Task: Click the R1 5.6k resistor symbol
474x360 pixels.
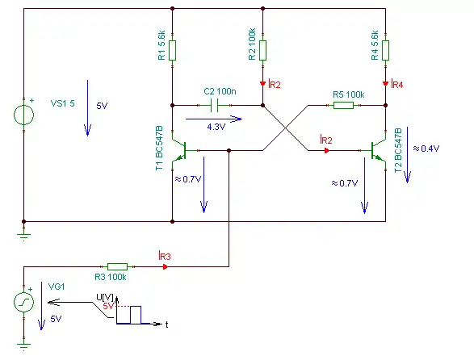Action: (x=172, y=50)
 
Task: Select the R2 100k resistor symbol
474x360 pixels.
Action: (x=262, y=50)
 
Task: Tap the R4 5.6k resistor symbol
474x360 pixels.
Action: (x=385, y=50)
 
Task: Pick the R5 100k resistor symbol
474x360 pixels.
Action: (x=343, y=105)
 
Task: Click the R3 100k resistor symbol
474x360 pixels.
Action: (x=117, y=266)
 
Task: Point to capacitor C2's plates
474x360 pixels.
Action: (x=214, y=106)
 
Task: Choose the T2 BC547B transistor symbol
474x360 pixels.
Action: (x=379, y=150)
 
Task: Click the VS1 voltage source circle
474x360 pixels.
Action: (x=24, y=115)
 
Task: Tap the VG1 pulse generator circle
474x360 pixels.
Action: (x=24, y=302)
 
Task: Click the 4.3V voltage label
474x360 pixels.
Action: (x=216, y=127)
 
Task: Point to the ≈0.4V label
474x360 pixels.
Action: (x=426, y=149)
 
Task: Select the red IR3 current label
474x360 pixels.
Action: (x=165, y=256)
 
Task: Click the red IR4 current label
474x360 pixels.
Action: (x=397, y=84)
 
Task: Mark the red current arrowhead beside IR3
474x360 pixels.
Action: (x=165, y=266)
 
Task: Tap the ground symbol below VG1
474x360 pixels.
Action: (x=24, y=345)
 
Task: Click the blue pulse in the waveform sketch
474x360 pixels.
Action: (x=136, y=315)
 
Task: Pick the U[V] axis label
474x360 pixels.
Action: (x=105, y=297)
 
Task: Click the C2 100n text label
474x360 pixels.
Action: (x=220, y=91)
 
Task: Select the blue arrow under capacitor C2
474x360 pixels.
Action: (x=214, y=119)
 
